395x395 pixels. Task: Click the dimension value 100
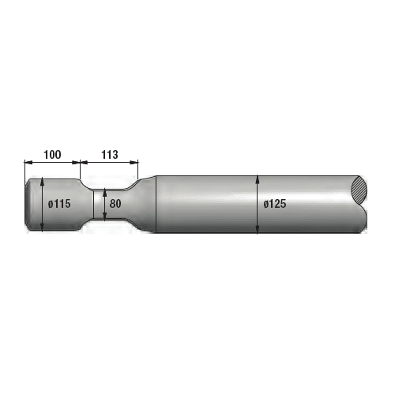click(x=52, y=154)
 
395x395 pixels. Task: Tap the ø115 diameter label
click(x=59, y=204)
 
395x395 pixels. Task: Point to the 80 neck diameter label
click(x=115, y=204)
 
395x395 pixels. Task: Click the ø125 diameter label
click(x=274, y=204)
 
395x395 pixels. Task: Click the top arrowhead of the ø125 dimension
click(x=258, y=178)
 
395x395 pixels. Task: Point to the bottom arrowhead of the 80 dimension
click(x=104, y=217)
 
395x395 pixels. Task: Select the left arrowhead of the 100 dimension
click(x=28, y=163)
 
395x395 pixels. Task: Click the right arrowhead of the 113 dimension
click(x=135, y=163)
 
